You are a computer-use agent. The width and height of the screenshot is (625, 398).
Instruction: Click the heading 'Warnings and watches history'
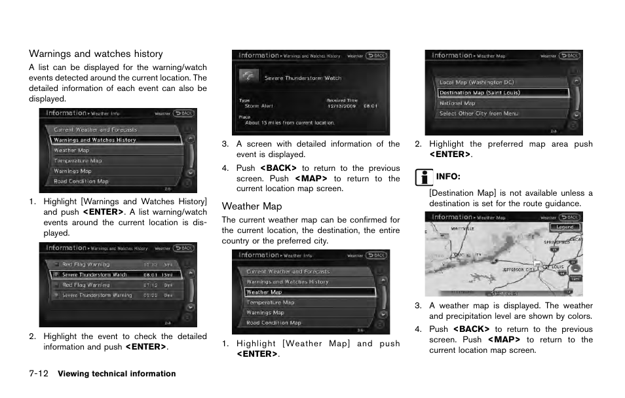[96, 54]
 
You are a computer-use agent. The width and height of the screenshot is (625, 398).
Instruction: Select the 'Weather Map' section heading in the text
[252, 206]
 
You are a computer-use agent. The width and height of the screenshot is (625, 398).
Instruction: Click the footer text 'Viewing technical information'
[117, 374]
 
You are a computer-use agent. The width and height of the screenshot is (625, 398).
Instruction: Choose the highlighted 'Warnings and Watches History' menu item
[95, 140]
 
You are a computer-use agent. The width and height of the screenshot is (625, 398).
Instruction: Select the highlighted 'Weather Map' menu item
[264, 293]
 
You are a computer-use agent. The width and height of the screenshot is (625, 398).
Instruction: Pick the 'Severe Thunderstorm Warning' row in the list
[97, 296]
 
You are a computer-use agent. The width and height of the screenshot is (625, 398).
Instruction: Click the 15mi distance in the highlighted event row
[167, 275]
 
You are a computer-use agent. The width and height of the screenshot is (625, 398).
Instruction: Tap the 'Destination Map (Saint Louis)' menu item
[479, 93]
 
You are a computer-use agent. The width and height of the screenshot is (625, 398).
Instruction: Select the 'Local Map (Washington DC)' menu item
[476, 82]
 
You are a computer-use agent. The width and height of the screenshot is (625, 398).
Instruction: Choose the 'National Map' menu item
[457, 103]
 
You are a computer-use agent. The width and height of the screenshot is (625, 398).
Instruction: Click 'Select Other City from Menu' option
[478, 114]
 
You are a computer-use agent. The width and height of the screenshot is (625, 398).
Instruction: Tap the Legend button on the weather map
[565, 227]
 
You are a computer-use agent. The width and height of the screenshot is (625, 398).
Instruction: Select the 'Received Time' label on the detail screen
[341, 100]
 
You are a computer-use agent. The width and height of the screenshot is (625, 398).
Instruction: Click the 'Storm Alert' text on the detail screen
[259, 106]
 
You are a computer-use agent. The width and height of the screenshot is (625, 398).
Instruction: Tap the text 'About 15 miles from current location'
[290, 122]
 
